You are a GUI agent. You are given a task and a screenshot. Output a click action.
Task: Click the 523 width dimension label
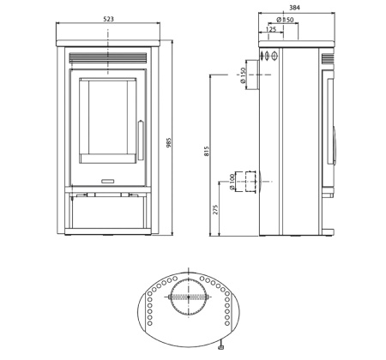[x=108, y=19]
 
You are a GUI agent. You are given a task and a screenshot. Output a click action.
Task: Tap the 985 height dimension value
[x=169, y=142]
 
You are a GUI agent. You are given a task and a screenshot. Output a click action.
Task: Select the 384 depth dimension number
[x=294, y=8]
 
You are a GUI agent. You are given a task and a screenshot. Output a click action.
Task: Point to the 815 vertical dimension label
[x=207, y=151]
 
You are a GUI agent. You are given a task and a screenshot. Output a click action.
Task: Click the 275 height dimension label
[x=215, y=209]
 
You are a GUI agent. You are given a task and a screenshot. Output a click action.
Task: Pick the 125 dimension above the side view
[x=271, y=29]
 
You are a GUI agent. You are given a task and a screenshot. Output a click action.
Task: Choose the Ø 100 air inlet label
[x=232, y=182]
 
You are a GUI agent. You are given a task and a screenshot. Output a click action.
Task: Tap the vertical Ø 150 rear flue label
[x=243, y=75]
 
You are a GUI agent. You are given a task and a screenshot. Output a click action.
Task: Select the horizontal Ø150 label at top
[x=285, y=20]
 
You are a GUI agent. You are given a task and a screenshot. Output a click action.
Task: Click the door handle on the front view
[x=141, y=141]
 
